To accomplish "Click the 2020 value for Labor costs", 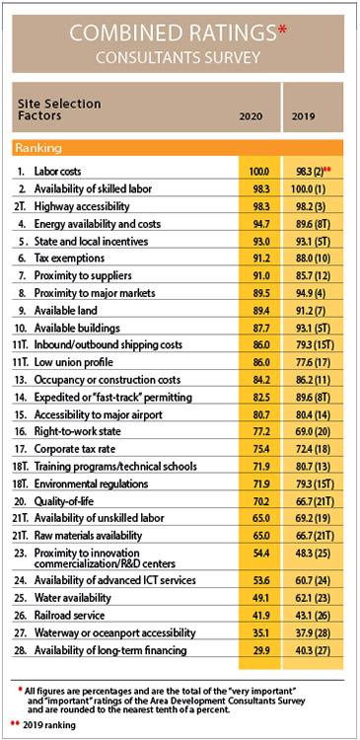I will pyautogui.click(x=259, y=172).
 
